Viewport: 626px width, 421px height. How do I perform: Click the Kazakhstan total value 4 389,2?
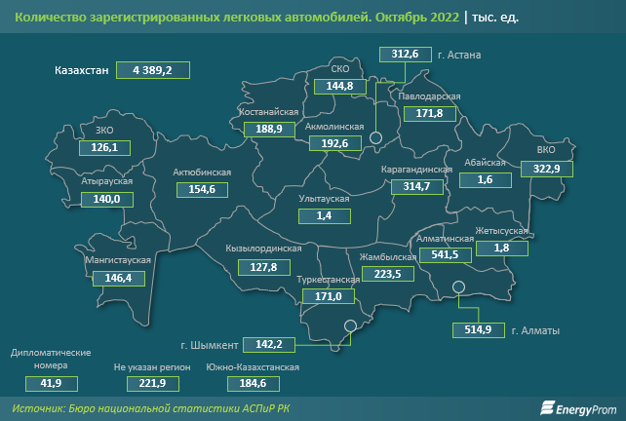153,70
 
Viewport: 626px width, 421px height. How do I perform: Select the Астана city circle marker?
375,140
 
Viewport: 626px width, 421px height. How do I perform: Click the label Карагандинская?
417,170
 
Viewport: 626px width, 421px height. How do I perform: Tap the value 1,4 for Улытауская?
325,214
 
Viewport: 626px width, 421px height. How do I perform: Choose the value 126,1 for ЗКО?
104,147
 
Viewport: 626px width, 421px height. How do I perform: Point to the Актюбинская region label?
201,172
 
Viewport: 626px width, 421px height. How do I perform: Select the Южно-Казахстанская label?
253,367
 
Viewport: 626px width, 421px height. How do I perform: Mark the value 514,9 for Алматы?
477,329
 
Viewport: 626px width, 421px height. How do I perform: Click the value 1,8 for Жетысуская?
502,248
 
